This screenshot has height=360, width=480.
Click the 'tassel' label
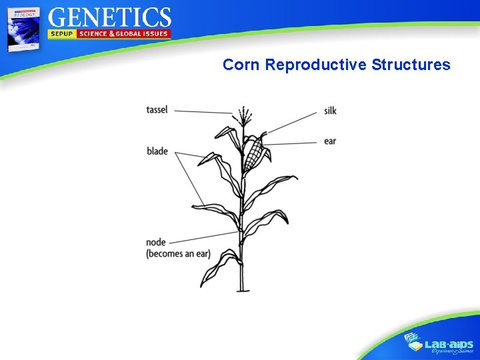[x=157, y=110]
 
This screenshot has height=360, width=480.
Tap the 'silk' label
[x=330, y=111]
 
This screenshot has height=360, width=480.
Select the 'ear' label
[x=329, y=141]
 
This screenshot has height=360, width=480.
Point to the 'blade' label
[x=157, y=151]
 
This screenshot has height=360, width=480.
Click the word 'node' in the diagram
[x=156, y=243]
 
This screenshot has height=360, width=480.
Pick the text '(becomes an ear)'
[x=178, y=254]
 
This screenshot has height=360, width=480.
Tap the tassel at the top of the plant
[x=243, y=115]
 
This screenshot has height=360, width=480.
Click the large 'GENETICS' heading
[x=110, y=17]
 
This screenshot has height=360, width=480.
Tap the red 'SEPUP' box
[x=62, y=34]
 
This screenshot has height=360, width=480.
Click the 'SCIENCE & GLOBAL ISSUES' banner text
[x=124, y=34]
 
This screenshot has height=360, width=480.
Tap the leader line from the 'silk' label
[x=293, y=121]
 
